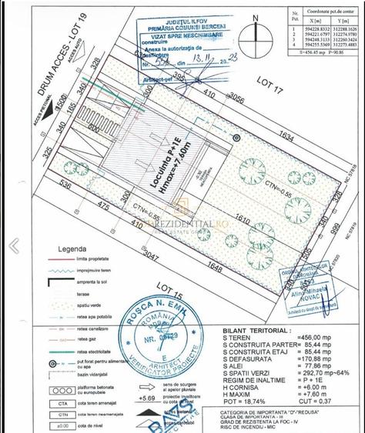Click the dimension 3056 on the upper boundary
[x=233, y=101]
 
